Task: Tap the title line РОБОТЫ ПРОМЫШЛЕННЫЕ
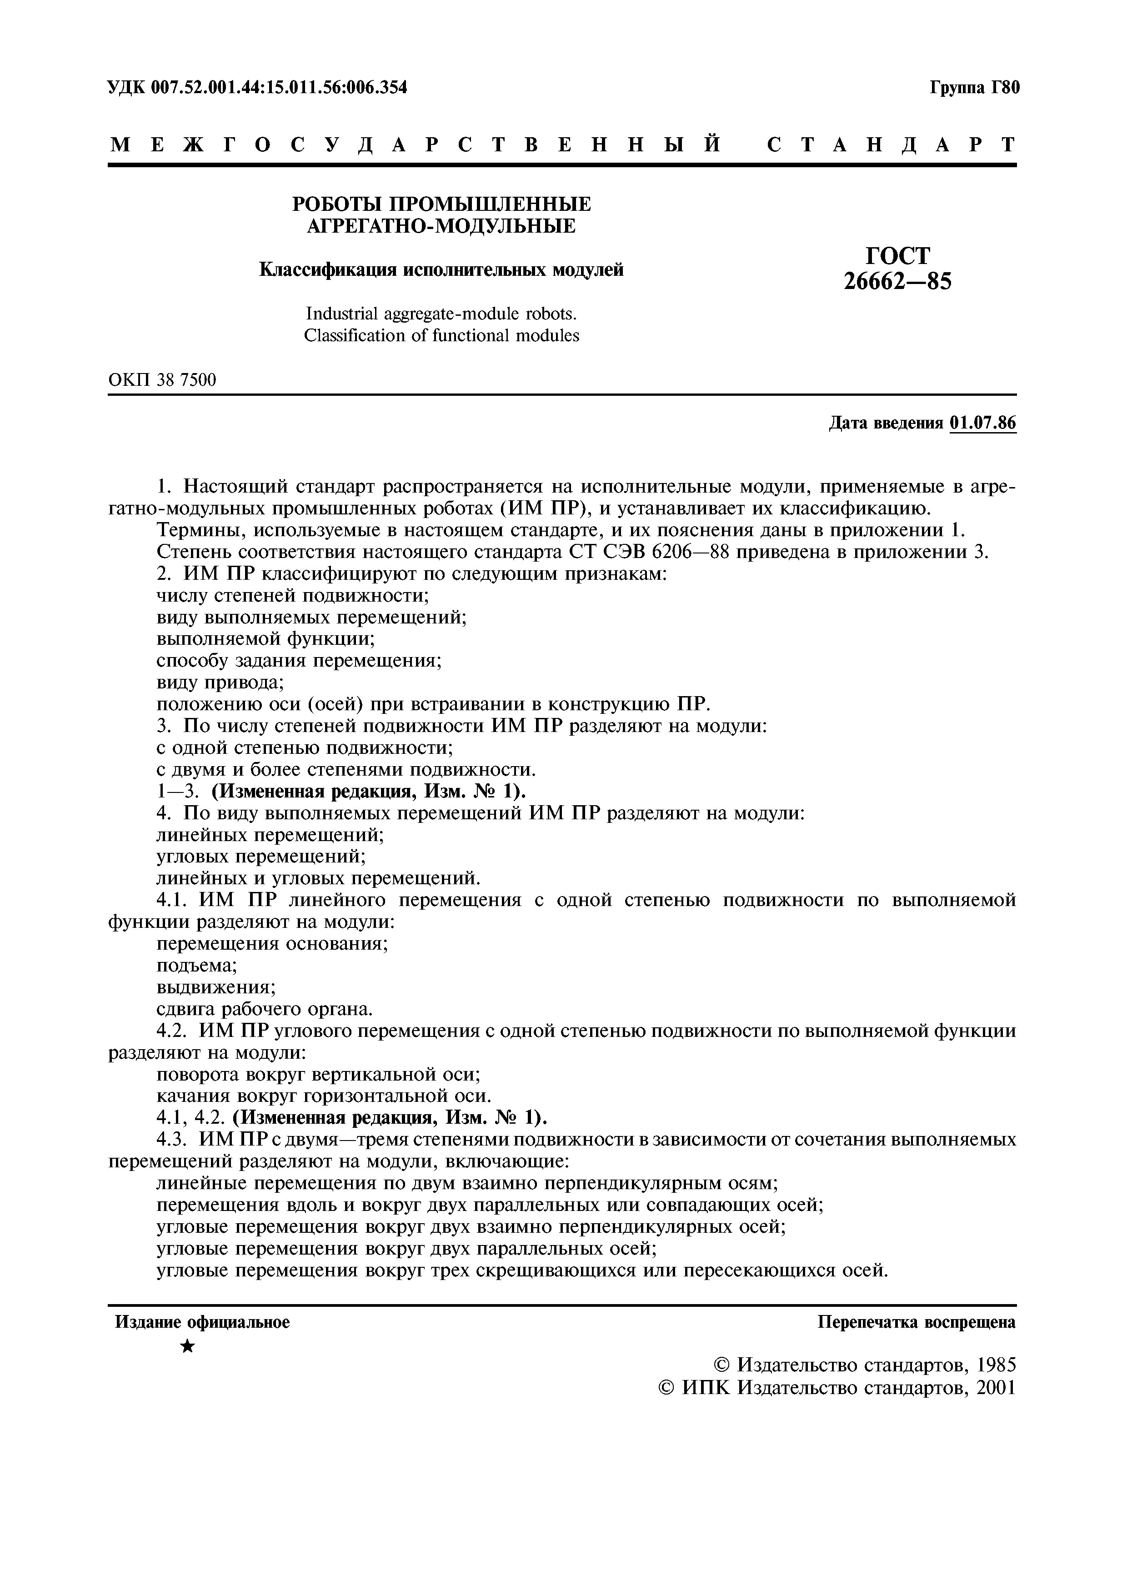(441, 204)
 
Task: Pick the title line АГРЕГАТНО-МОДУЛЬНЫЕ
(441, 226)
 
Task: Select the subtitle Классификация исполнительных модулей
(441, 270)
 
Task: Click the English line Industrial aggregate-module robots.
(441, 314)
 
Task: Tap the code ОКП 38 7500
(162, 380)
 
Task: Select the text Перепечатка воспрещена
(917, 1323)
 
